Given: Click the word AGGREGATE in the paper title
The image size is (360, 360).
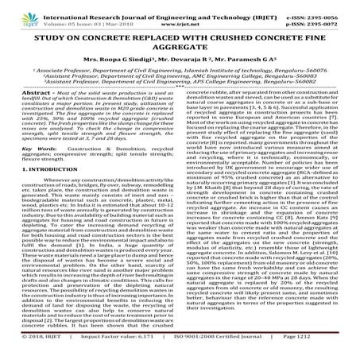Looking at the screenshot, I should (180, 48).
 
